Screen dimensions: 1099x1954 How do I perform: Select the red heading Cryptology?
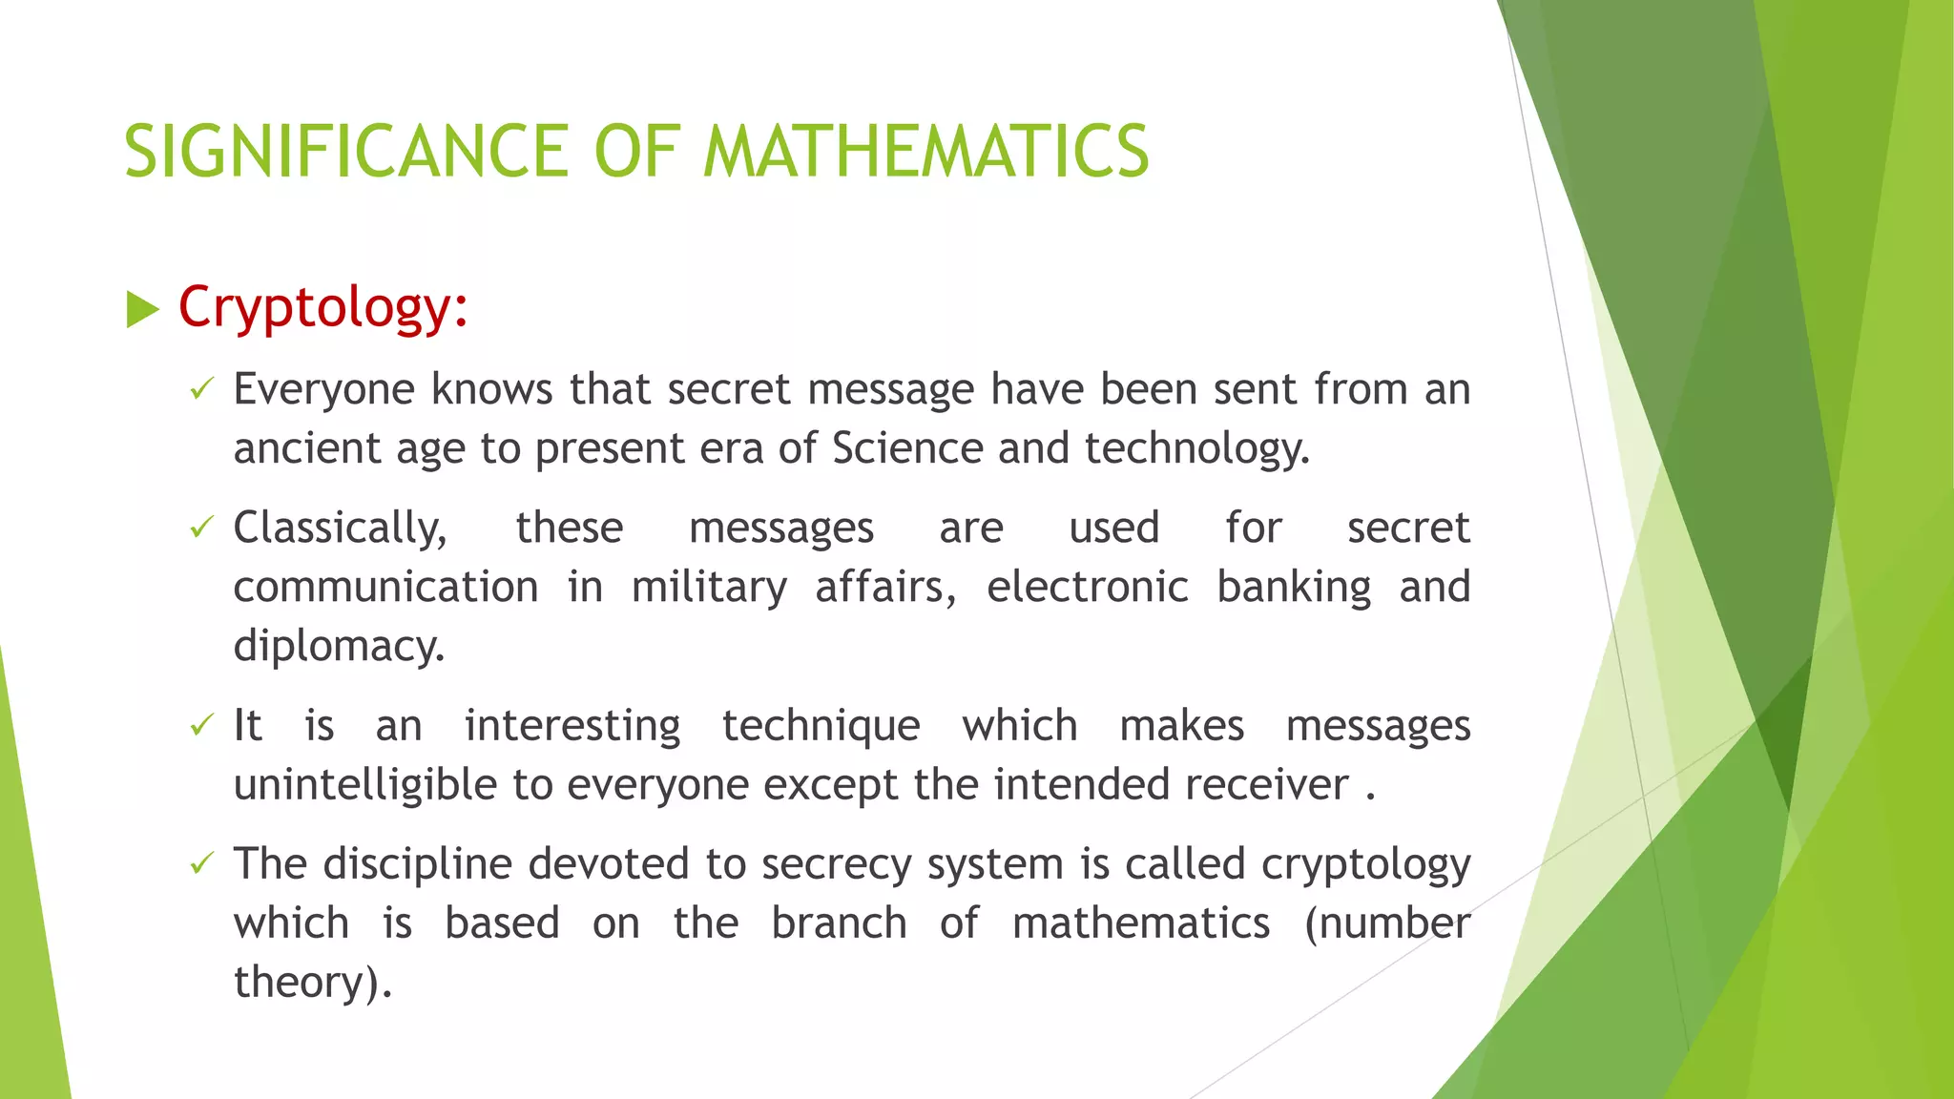(322, 308)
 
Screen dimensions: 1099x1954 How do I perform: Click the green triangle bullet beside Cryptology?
(142, 310)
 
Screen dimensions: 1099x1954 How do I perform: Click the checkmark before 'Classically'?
(200, 527)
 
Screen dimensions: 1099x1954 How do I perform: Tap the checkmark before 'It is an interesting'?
(200, 725)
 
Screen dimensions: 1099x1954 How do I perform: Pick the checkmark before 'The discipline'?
(200, 863)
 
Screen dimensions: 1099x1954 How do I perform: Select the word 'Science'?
(906, 448)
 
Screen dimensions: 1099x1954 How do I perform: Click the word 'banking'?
(1294, 587)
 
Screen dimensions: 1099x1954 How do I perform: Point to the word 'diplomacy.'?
(339, 646)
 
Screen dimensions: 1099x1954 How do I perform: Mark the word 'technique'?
(821, 727)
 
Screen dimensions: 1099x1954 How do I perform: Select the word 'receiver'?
(1266, 785)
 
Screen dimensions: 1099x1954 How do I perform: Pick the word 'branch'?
(839, 923)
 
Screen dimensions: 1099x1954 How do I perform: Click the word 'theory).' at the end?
(312, 983)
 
